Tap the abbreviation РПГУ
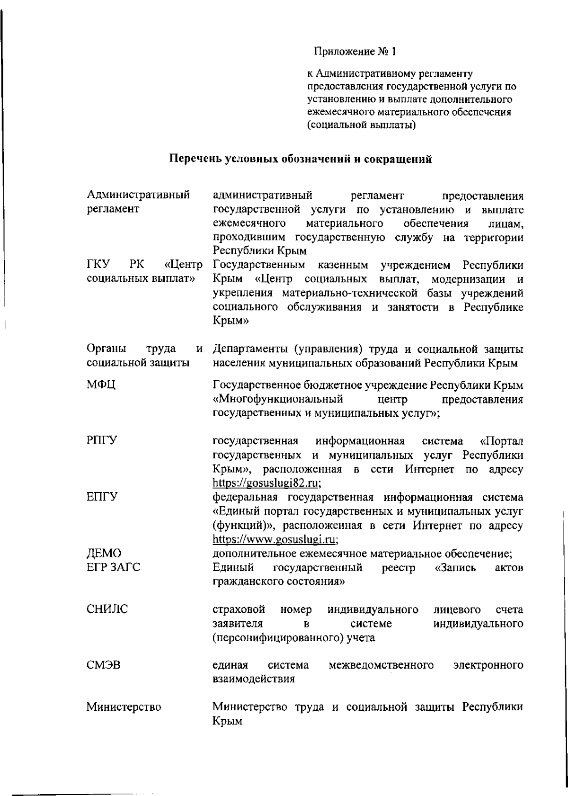click(x=102, y=441)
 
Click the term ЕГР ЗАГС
click(x=113, y=567)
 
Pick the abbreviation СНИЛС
click(x=107, y=609)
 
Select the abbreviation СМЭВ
click(x=103, y=665)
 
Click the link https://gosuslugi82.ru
click(x=266, y=483)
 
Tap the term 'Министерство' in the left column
click(x=124, y=707)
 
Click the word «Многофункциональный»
click(x=278, y=399)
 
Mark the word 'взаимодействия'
click(x=254, y=679)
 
